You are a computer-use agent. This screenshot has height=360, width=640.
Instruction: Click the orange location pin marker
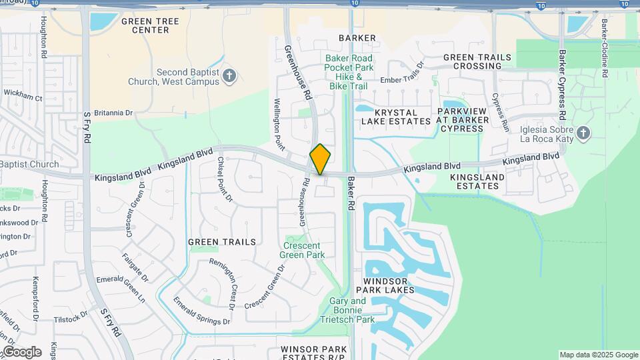pos(320,159)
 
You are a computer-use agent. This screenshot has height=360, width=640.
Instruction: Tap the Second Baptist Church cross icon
pos(229,75)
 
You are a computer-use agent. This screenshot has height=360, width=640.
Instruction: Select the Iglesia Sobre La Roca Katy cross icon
pos(583,133)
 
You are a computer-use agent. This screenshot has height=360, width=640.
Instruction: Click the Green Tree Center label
pos(151,25)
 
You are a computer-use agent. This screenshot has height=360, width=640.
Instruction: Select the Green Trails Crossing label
pos(477,62)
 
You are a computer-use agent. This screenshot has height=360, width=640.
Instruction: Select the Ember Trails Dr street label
pos(402,76)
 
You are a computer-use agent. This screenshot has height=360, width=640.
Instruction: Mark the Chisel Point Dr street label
pos(225,179)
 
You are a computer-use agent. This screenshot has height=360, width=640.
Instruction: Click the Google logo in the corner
pos(22,352)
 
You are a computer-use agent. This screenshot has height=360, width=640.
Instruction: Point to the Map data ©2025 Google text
pos(598,355)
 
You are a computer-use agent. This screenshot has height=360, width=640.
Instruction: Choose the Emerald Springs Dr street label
pos(201,312)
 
